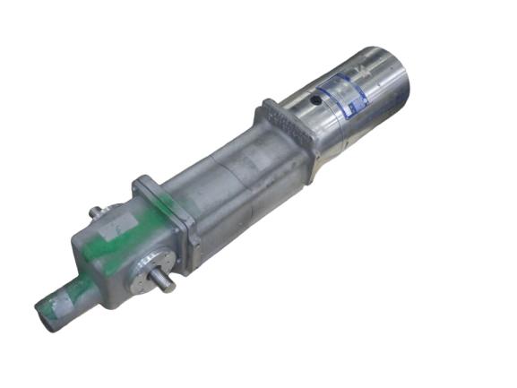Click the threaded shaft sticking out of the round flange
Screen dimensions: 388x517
click(164, 281)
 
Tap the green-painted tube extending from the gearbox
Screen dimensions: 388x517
click(67, 296)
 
